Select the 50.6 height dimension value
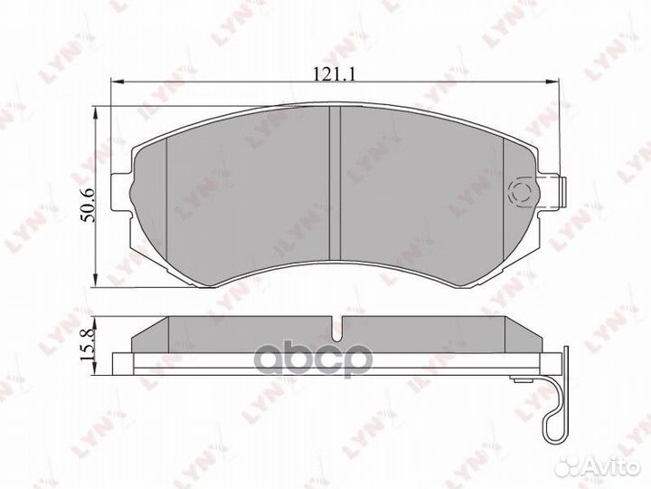(87, 200)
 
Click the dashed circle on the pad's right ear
(522, 192)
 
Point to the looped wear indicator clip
(554, 404)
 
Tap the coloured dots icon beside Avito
(568, 465)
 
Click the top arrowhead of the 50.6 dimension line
(97, 110)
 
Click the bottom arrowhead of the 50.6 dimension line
(97, 285)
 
